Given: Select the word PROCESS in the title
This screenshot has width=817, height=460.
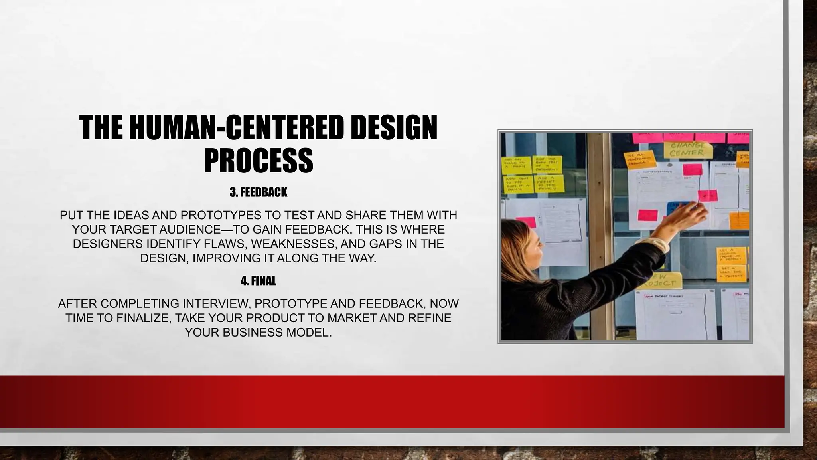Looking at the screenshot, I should [258, 160].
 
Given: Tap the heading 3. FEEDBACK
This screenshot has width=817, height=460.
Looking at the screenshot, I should [259, 192].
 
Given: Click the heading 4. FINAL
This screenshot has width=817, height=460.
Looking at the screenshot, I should [259, 281].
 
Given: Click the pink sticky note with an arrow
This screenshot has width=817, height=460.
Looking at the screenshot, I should [708, 196].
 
